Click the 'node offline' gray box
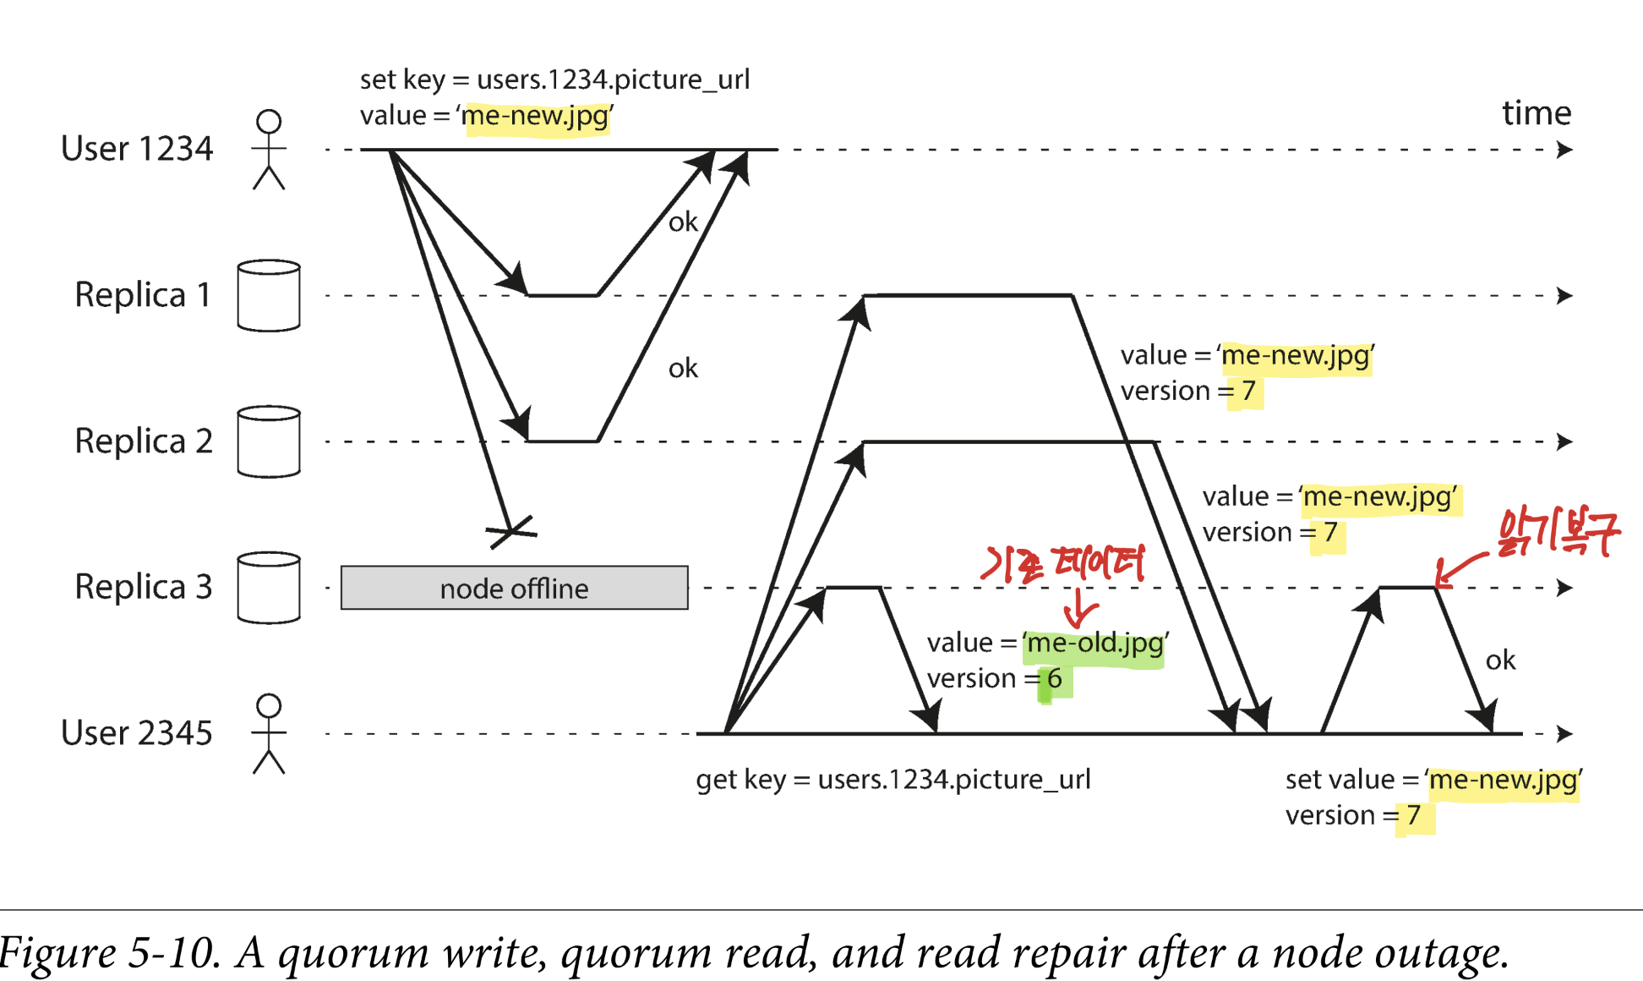coord(514,588)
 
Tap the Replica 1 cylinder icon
coord(269,295)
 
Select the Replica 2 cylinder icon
coord(269,441)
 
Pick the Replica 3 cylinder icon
coord(269,588)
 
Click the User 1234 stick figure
coord(269,150)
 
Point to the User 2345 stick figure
coord(269,733)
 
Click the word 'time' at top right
coord(1536,112)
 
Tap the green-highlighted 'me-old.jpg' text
coord(1094,644)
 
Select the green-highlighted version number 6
coord(1054,679)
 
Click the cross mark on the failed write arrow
coord(511,531)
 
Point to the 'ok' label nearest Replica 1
coord(683,222)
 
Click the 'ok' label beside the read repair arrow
coord(1500,660)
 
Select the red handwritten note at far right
coord(1558,533)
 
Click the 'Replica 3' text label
coord(143,587)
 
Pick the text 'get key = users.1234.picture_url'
coord(892,779)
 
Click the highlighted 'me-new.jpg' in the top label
coord(536,116)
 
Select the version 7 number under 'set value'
coord(1412,815)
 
